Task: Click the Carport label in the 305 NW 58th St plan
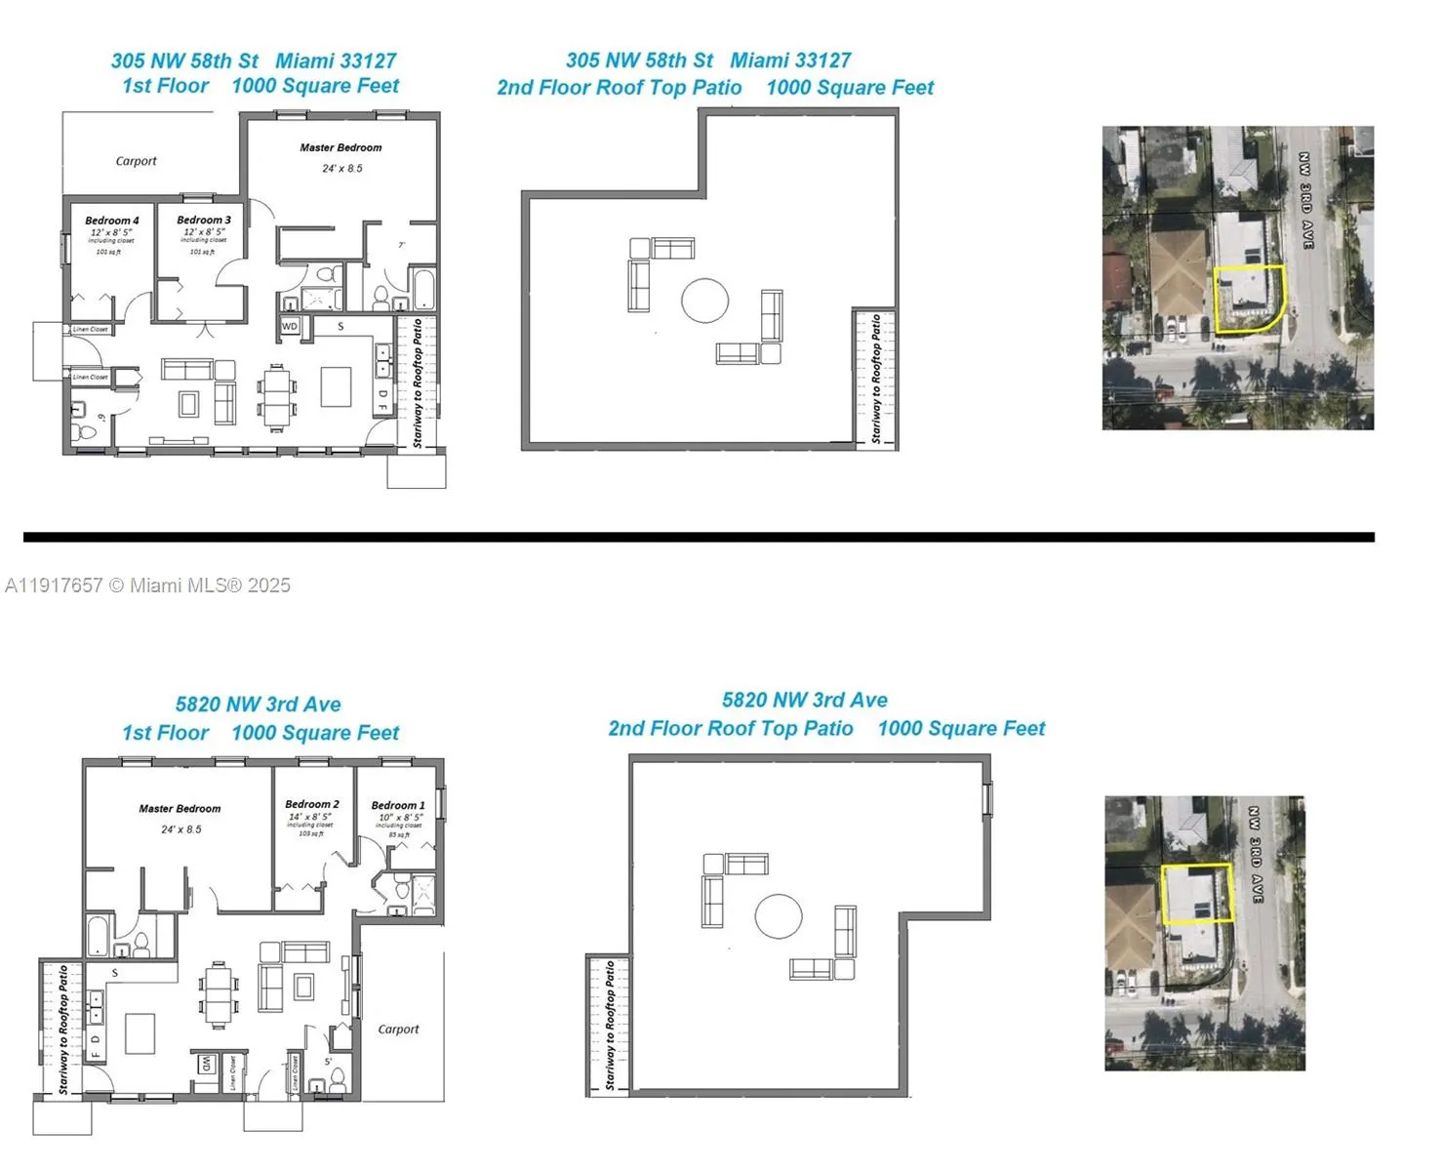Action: [x=136, y=161]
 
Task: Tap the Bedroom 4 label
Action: [x=111, y=221]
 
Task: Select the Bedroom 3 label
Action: [x=204, y=220]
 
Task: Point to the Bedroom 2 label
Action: [x=312, y=804]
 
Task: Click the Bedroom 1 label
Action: [x=398, y=805]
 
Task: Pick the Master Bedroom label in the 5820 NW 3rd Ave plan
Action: [x=180, y=808]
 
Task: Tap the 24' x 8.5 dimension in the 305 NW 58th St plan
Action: [x=342, y=168]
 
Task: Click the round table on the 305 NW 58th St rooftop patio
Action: [x=704, y=301]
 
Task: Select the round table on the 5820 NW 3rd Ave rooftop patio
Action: [x=779, y=916]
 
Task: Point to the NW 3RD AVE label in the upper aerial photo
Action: [x=1305, y=200]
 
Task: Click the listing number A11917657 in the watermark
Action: [x=54, y=585]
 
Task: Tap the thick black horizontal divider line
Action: [x=699, y=537]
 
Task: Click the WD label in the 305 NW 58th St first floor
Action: [x=290, y=326]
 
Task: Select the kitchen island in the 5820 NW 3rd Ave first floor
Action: [x=140, y=1033]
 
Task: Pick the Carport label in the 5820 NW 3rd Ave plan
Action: [x=398, y=1029]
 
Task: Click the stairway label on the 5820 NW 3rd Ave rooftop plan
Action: [x=610, y=1025]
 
